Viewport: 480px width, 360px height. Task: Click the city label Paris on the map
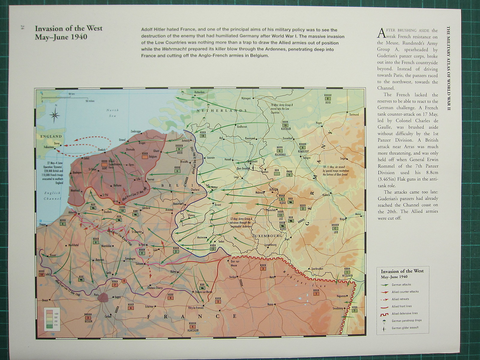click(96, 295)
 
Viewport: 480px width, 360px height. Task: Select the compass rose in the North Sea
click(55, 115)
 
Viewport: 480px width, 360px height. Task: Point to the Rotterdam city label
click(199, 92)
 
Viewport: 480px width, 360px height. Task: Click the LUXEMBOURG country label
click(267, 236)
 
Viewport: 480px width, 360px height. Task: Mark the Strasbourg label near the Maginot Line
click(337, 308)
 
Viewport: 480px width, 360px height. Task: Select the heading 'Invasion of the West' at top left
click(68, 28)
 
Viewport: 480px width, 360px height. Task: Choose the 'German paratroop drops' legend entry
click(406, 320)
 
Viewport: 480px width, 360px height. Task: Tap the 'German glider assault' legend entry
click(405, 328)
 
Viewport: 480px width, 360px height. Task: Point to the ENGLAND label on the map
click(51, 136)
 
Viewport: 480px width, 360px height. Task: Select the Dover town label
click(57, 143)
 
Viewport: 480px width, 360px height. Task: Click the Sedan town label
click(221, 241)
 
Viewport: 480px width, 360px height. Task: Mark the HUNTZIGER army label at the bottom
click(193, 330)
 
